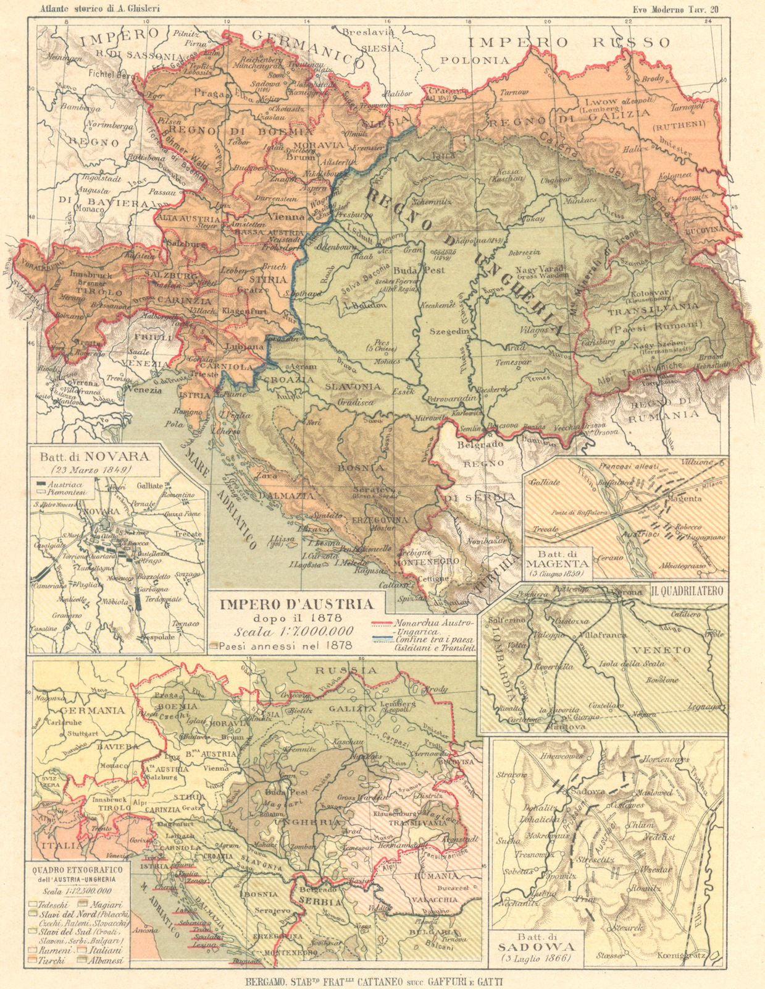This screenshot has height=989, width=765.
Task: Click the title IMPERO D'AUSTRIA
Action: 296,604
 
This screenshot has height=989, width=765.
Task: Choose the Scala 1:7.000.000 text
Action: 293,631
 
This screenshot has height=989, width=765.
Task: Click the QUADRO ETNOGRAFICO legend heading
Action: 77,869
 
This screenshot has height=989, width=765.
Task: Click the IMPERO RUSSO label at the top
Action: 569,42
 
